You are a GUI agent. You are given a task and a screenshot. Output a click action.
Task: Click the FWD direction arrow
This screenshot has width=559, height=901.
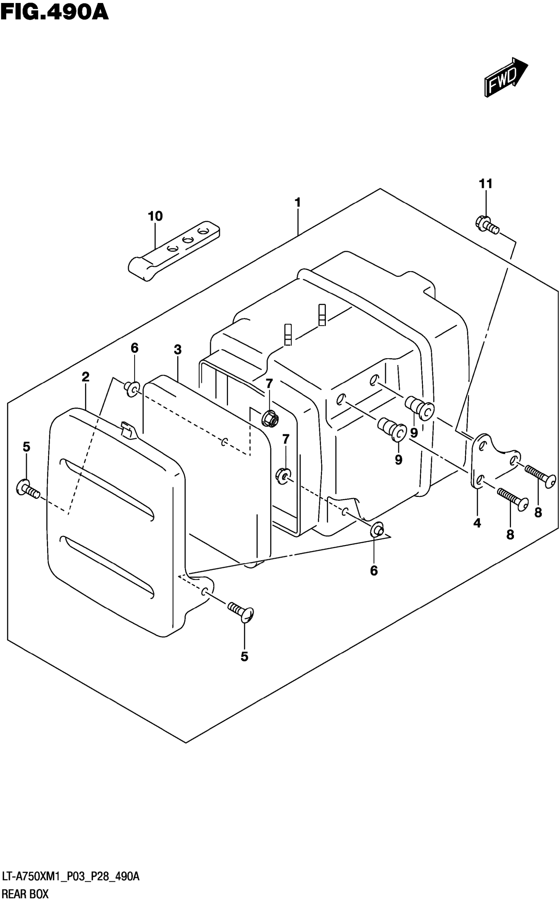tap(505, 78)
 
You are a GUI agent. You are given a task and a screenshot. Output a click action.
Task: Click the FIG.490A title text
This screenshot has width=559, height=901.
tap(55, 12)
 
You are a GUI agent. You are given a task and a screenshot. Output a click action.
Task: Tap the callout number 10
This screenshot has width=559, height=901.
tap(155, 216)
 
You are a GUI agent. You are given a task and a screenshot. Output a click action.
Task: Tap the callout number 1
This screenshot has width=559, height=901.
tap(297, 203)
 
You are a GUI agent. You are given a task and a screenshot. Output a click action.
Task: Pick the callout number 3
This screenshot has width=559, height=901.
tap(178, 349)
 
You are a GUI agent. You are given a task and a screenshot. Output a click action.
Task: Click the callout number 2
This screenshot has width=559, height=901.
tap(85, 377)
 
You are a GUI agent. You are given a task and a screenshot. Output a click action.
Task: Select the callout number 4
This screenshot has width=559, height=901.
tap(477, 523)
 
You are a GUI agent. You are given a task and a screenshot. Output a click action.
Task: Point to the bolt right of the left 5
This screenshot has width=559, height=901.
tap(28, 489)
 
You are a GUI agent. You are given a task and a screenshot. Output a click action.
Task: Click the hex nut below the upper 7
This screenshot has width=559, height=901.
tap(270, 418)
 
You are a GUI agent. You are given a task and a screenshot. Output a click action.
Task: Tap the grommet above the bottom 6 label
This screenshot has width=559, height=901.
tap(377, 530)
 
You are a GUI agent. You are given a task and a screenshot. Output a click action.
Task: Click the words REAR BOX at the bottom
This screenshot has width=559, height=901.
tap(25, 894)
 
